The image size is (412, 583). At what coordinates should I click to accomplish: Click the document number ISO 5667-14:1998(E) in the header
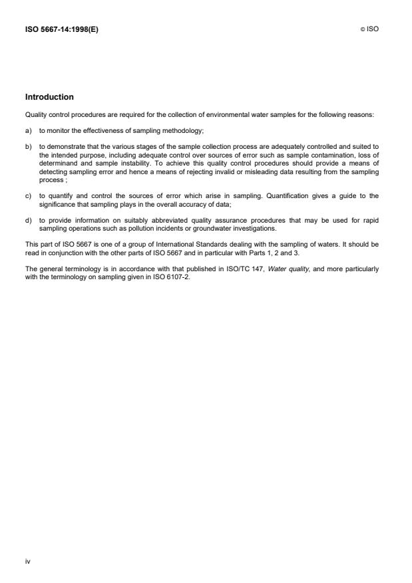[61, 29]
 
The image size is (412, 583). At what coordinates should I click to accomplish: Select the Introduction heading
[49, 97]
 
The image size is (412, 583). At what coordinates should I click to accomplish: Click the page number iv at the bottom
[27, 561]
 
